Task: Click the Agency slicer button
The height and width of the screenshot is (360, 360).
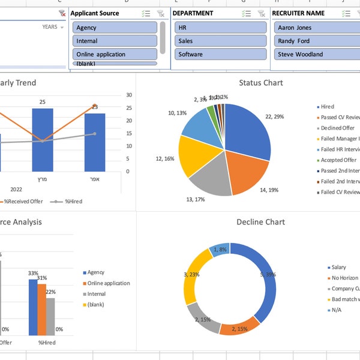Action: [114, 28]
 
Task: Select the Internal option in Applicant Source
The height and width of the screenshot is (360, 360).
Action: [114, 41]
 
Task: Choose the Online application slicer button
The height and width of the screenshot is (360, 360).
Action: [114, 54]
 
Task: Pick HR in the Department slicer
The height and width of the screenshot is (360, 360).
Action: [220, 28]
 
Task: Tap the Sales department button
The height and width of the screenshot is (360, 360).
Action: [220, 41]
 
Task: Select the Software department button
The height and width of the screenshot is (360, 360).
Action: [220, 54]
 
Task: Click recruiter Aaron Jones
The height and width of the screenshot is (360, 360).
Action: [315, 28]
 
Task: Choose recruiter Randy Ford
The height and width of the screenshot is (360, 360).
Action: [315, 41]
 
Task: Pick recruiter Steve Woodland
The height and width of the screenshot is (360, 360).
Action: [315, 54]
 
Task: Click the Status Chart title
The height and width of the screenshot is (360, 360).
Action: [260, 83]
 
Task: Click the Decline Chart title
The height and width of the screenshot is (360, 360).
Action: [260, 222]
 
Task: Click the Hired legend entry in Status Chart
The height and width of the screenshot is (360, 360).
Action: [327, 107]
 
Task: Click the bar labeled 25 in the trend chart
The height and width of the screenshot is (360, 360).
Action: [42, 138]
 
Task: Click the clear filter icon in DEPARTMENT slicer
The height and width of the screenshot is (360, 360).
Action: [262, 13]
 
